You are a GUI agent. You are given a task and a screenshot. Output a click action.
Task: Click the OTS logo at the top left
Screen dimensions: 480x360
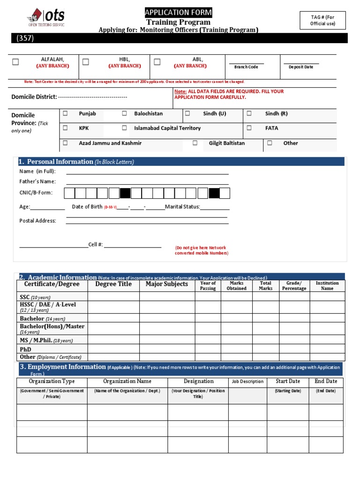pos(46,18)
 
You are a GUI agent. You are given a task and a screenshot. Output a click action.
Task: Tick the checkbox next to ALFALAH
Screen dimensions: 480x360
pos(15,62)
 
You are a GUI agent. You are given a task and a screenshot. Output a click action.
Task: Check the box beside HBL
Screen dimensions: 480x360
pos(86,62)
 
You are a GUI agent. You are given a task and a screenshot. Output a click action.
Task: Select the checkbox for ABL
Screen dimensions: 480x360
pos(157,62)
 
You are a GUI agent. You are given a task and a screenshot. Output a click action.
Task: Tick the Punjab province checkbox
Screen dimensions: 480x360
pos(65,113)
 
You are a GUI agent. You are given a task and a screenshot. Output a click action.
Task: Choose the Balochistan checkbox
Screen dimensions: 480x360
pos(124,113)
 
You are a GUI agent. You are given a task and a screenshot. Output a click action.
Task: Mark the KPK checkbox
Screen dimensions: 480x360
pos(65,127)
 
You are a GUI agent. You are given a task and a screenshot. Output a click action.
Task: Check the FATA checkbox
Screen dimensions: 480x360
pos(249,127)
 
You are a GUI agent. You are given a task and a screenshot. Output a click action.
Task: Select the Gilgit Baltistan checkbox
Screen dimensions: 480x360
pos(195,143)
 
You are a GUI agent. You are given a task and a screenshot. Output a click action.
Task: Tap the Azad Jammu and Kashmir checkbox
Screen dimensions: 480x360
pos(65,143)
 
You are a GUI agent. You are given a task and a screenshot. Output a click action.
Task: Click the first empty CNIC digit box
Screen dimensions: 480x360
pos(69,193)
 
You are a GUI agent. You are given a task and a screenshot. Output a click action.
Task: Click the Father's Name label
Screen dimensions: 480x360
pos(37,181)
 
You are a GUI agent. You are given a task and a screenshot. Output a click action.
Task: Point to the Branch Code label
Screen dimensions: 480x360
pos(246,67)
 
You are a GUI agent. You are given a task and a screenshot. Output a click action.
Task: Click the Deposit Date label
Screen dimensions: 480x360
pos(301,67)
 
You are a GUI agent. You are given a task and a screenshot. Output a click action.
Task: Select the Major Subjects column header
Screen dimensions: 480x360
pos(166,284)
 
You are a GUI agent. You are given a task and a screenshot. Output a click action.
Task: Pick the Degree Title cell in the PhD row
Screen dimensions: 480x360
pos(113,349)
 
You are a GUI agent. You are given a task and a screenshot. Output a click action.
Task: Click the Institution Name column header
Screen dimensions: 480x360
pos(327,285)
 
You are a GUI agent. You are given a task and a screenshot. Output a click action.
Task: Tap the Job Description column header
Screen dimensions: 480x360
pos(247,382)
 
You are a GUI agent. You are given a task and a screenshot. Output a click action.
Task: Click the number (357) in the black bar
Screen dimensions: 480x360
pos(25,38)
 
